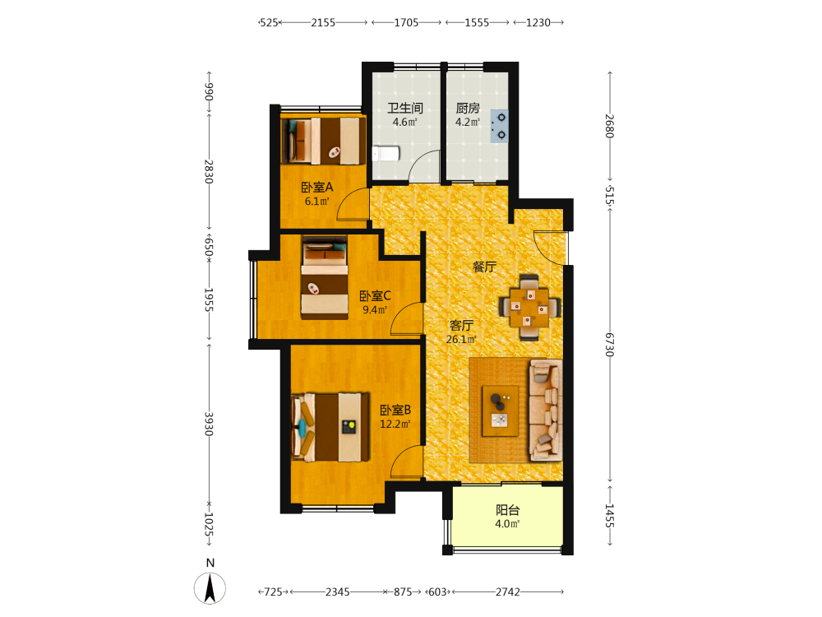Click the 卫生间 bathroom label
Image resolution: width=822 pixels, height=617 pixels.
coord(405,108)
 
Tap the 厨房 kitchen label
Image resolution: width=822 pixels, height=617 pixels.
coord(468,108)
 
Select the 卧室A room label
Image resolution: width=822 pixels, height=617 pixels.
coord(317,188)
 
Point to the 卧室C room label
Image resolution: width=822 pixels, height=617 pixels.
coord(375,296)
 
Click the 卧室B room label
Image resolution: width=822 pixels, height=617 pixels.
coord(395,410)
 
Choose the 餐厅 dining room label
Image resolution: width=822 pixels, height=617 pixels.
coord(484,267)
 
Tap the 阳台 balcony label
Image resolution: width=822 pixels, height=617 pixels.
coord(507,510)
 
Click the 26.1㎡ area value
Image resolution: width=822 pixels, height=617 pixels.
coord(461,340)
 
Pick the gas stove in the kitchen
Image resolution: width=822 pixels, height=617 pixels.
coord(499,127)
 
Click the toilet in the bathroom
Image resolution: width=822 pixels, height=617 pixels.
coord(386,154)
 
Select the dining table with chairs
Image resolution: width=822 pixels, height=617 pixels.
coord(529,308)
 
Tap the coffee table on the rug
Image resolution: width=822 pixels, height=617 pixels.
coord(500,411)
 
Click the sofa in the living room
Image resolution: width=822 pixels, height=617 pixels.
coord(545,411)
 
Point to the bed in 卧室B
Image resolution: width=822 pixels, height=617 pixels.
coord(330,427)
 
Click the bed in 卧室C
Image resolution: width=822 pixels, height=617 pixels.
coord(325,277)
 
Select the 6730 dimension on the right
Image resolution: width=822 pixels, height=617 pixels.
coord(610,345)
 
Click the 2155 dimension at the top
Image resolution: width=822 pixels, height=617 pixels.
coord(323,22)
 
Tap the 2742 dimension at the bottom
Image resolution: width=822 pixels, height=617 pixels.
coord(507,591)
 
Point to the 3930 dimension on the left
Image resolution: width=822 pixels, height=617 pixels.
coord(209,424)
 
